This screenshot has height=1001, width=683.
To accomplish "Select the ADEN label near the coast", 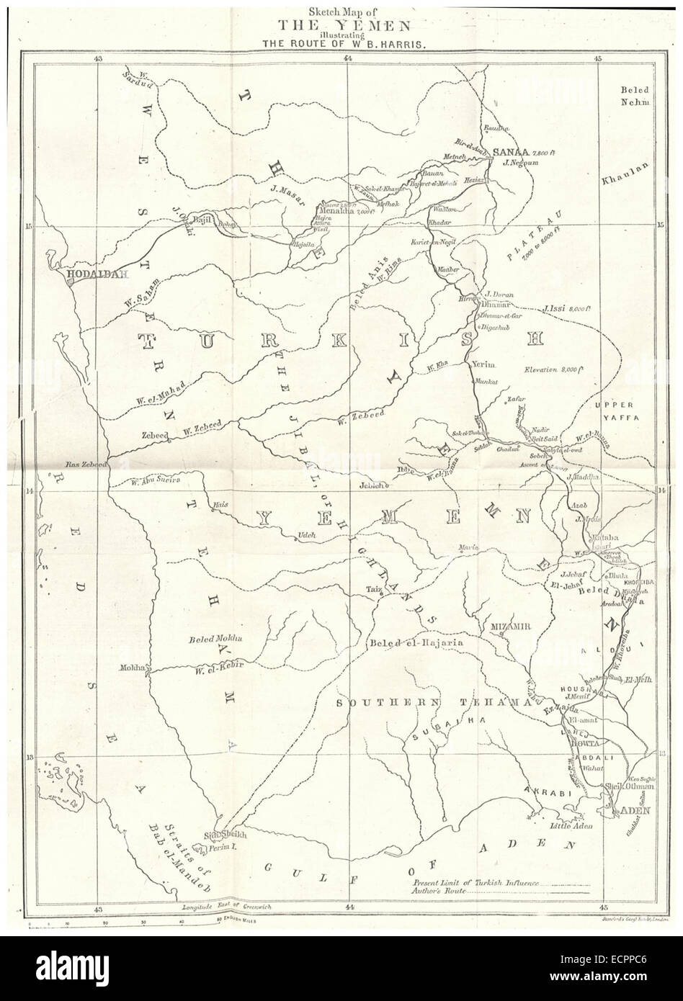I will [630, 811].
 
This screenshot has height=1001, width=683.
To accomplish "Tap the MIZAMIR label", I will [510, 627].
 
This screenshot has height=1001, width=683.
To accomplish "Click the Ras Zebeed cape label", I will [86, 466].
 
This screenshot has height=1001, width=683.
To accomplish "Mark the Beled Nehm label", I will [634, 96].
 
